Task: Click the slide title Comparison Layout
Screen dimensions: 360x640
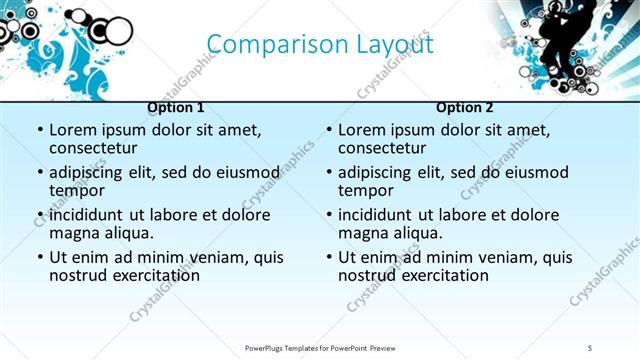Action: click(x=320, y=45)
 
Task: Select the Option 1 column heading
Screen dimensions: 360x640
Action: click(x=175, y=107)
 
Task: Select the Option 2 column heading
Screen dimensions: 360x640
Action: click(x=465, y=107)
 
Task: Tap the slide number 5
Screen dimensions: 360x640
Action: click(x=590, y=347)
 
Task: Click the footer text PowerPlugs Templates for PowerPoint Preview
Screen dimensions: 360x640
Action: click(x=320, y=347)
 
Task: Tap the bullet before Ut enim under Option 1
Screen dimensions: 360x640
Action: click(x=39, y=258)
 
